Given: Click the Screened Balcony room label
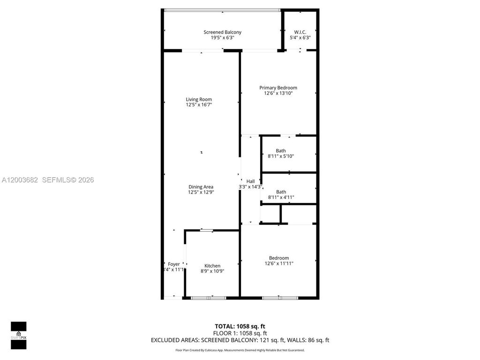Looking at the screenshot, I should (222, 32).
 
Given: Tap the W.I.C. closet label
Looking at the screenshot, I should (300, 32).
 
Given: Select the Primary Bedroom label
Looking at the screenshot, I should (278, 88).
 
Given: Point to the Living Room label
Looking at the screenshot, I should (199, 99).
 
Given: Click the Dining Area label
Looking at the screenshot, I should (201, 187).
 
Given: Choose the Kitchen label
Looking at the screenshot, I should (212, 266).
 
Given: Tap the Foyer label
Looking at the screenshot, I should (174, 264).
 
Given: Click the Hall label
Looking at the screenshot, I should (250, 181).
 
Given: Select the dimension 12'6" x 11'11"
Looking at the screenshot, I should (279, 263).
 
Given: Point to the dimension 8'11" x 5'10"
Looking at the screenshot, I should (281, 156).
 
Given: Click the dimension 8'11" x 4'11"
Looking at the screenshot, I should (281, 197).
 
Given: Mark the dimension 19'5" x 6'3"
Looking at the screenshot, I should (222, 37).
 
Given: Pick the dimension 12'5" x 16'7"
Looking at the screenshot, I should (199, 105).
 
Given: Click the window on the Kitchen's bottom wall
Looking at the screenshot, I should (208, 297).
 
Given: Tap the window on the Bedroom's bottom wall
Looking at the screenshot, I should (279, 297).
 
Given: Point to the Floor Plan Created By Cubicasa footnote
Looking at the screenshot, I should (240, 350).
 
